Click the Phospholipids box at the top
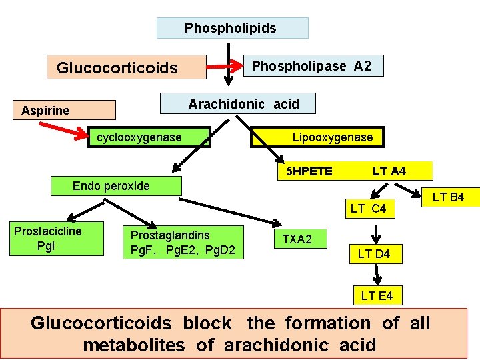(232, 28)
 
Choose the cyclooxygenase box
(150, 137)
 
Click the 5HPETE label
(309, 171)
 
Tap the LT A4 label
(389, 171)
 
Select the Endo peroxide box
(116, 186)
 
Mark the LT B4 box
(447, 197)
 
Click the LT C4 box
(368, 209)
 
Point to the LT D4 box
(374, 253)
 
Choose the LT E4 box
(377, 295)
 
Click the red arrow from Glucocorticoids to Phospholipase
(221, 67)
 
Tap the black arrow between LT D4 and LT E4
(377, 275)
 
